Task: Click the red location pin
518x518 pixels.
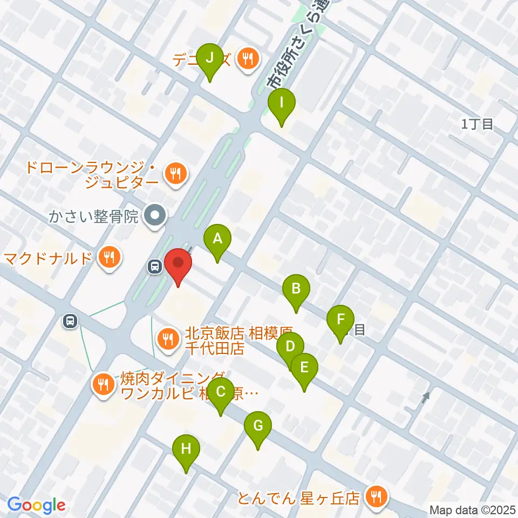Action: pos(178,266)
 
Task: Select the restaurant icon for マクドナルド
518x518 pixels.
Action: pos(110,257)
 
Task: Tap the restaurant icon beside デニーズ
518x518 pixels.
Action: pos(248,58)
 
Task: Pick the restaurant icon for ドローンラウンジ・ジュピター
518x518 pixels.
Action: pos(175,174)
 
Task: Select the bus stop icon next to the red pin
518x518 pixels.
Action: pos(154,265)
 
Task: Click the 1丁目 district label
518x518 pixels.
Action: pos(478,124)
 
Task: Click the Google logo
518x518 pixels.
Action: pos(37,506)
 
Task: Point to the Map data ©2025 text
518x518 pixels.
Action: pos(473,509)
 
